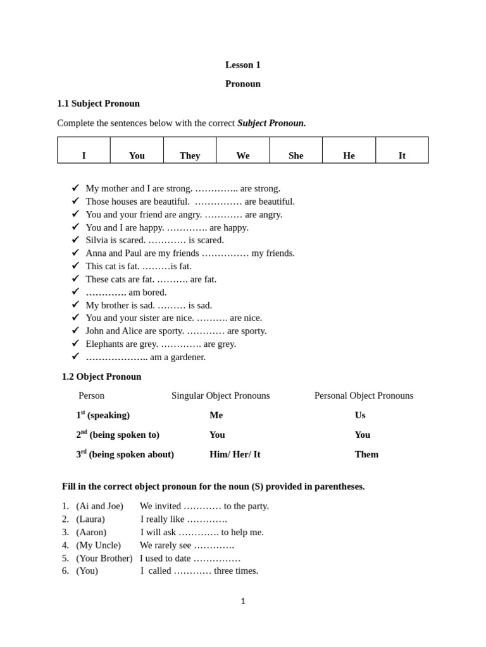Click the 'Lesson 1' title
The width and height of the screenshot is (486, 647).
(x=242, y=64)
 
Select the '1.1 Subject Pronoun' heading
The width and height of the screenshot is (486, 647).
(x=98, y=103)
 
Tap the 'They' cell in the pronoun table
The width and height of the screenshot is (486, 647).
(x=190, y=155)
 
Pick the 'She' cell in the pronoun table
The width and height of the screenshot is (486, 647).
(x=296, y=155)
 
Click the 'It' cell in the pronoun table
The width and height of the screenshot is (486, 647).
(x=402, y=155)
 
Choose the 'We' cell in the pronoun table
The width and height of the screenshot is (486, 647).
(x=243, y=155)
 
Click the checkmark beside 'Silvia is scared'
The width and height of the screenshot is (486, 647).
(x=76, y=239)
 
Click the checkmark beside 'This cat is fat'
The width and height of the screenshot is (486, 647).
(x=76, y=265)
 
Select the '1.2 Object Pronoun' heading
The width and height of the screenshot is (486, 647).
(x=101, y=377)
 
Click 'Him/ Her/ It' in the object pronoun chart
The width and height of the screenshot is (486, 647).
(x=235, y=454)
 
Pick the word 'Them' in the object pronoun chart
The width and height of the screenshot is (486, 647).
(x=366, y=454)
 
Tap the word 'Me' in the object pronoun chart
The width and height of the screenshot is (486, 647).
(x=216, y=415)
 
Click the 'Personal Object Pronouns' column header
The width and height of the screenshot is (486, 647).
(x=364, y=396)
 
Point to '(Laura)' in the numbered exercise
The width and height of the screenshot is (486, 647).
(x=90, y=519)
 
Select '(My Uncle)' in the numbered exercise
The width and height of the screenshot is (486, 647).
(x=98, y=545)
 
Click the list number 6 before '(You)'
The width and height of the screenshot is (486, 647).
(x=65, y=571)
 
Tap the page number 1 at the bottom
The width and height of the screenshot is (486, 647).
(x=243, y=602)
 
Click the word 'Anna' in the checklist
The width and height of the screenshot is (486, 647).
(x=96, y=253)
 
